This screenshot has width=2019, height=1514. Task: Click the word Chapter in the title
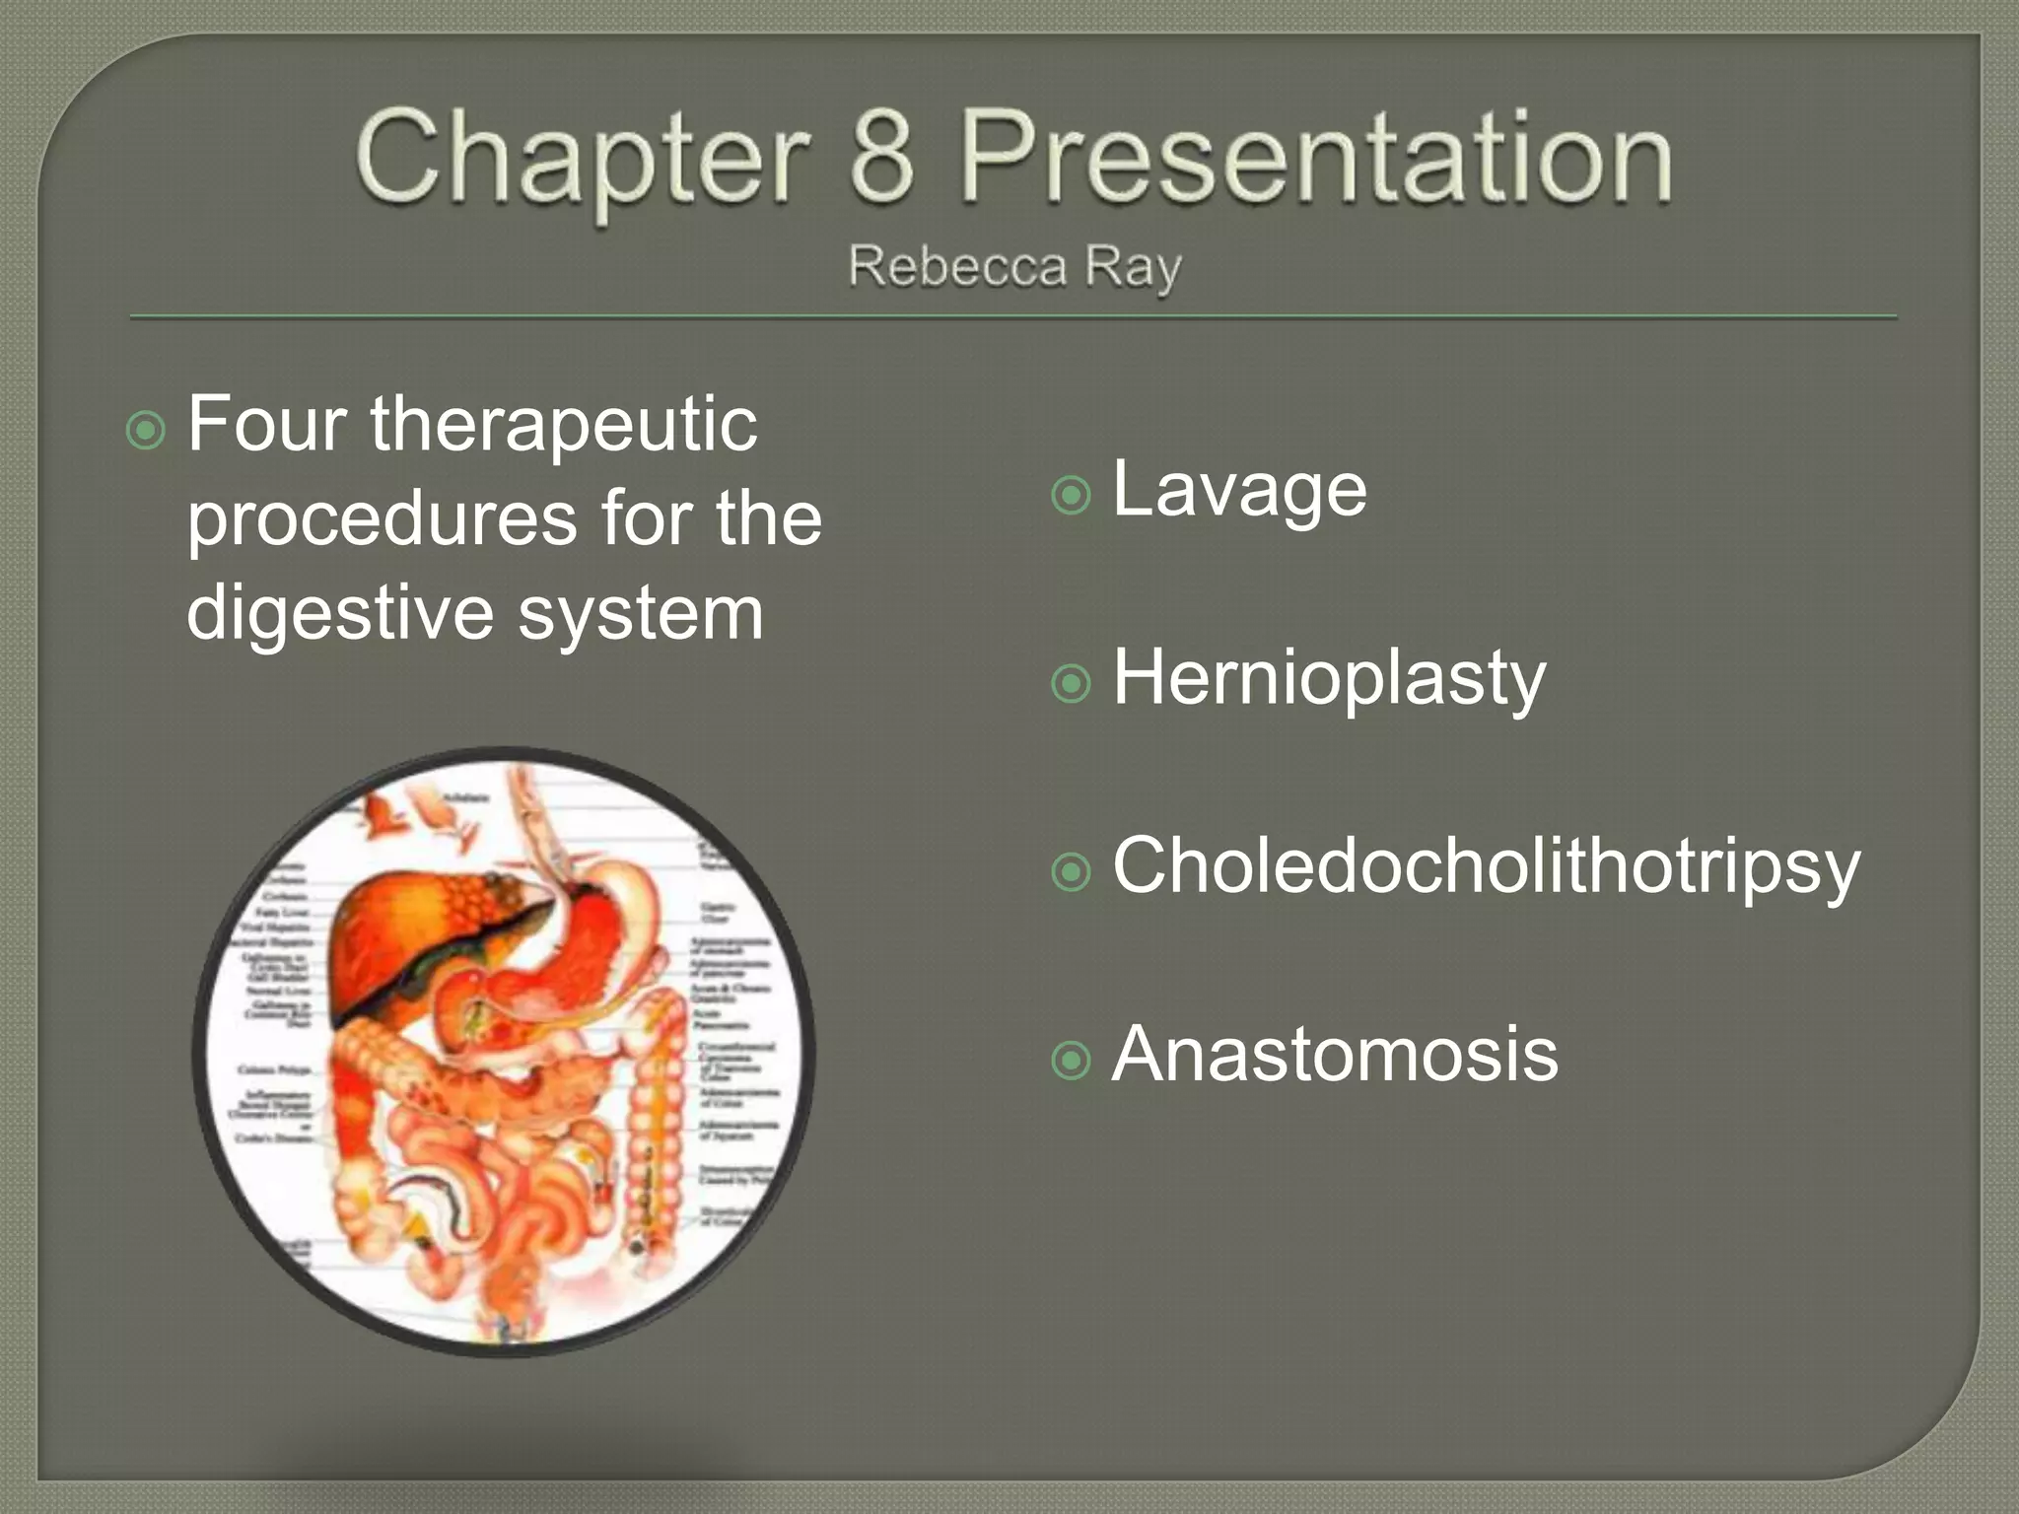(582, 158)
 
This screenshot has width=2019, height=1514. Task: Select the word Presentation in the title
(1316, 158)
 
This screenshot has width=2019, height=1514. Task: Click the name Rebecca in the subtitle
(957, 266)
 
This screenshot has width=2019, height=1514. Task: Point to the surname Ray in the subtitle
(1134, 268)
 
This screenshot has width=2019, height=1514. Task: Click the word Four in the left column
(266, 424)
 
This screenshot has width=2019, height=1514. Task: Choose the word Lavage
(1239, 490)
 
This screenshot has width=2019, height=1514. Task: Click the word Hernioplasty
(1329, 678)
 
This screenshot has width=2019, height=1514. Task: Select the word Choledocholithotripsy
(1486, 866)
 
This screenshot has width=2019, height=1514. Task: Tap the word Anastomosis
(1335, 1054)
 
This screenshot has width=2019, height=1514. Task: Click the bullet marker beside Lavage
(1072, 495)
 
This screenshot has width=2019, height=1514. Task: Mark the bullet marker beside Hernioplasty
(1072, 683)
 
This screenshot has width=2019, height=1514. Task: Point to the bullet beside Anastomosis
(1072, 1061)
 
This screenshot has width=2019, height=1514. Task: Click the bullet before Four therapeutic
(146, 431)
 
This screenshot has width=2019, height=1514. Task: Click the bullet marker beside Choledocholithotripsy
(1072, 871)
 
